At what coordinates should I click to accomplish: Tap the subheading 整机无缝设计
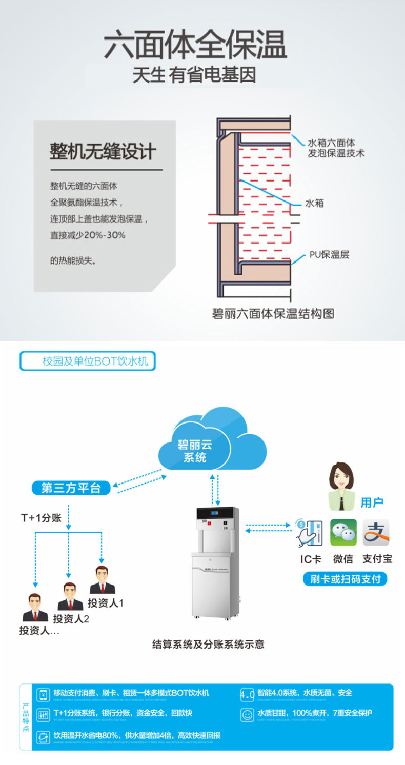point(103,151)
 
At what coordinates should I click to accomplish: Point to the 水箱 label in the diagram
point(315,204)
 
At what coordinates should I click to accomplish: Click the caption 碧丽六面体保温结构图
point(273,313)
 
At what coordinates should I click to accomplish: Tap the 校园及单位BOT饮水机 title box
point(88,361)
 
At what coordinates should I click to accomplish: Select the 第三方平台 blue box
point(71,488)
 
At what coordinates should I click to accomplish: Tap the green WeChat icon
point(343,533)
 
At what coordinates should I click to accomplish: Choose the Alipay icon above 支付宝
point(376,533)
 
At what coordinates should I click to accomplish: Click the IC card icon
point(309,533)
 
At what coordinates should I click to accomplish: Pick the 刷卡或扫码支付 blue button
point(345,579)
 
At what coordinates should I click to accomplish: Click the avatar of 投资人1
point(103,580)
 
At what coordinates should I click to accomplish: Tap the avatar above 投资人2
point(70,596)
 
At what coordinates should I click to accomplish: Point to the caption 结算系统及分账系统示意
point(208,644)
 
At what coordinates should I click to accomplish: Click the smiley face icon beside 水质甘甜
point(247,713)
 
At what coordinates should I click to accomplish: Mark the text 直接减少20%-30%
point(88,235)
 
